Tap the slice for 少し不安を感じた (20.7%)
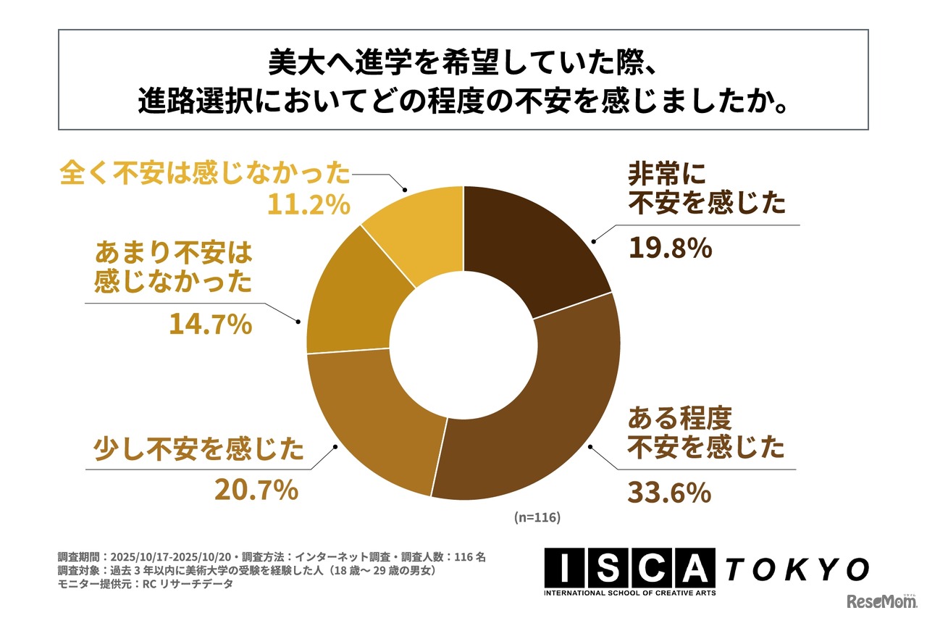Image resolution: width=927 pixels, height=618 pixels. coord(377,420)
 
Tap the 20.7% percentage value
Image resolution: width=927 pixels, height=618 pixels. coord(256,490)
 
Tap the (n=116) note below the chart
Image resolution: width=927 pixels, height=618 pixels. coord(537,518)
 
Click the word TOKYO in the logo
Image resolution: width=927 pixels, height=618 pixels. coord(797,569)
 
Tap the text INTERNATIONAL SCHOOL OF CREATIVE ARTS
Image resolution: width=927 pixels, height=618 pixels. coord(630,593)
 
